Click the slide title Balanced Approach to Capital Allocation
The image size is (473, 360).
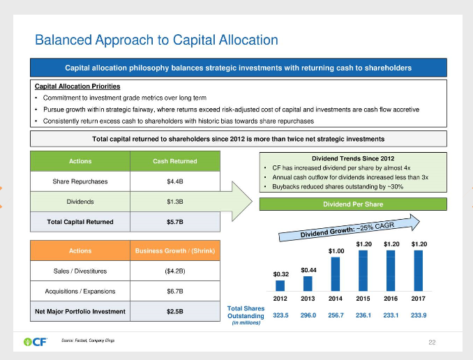click(156, 40)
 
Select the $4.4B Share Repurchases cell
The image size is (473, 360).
click(174, 181)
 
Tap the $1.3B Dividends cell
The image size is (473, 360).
click(174, 202)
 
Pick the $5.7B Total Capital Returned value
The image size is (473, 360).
click(174, 222)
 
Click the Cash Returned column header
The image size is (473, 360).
click(174, 161)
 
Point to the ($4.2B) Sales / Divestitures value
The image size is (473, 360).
click(174, 271)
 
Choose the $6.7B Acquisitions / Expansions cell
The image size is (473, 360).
click(174, 291)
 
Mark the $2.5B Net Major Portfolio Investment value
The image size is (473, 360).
click(174, 311)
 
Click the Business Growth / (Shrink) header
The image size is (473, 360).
click(174, 250)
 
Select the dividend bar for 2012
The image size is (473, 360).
click(280, 285)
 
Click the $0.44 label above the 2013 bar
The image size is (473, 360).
click(308, 269)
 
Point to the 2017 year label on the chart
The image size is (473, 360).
click(419, 299)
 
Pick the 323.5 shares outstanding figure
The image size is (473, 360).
click(280, 315)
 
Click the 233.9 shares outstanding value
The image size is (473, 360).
click(419, 315)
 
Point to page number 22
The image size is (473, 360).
click(432, 342)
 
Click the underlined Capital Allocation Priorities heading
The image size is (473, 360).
click(77, 86)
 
